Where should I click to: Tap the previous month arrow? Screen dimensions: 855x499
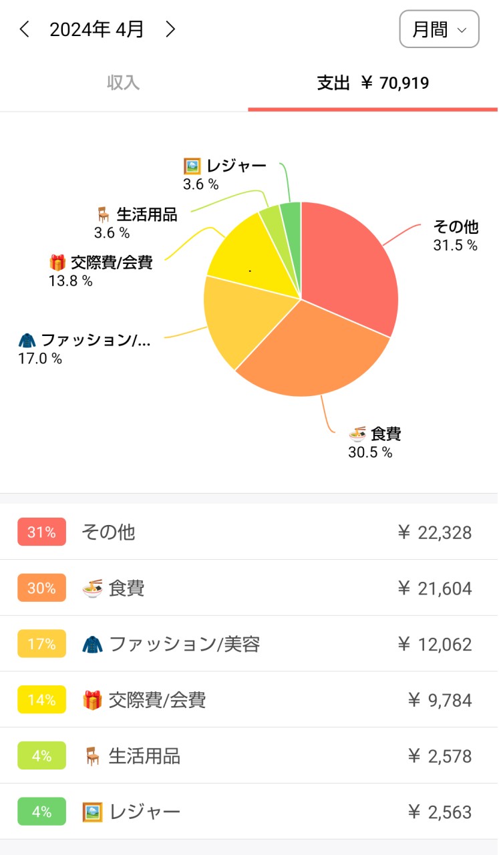coord(25,29)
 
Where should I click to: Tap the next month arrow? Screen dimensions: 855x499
coord(171,29)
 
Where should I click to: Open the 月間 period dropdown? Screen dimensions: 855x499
coord(439,29)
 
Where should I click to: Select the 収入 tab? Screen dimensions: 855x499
coord(124,83)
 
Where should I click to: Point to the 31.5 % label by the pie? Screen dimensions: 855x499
coord(455,246)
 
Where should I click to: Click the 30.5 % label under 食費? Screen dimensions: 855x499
coord(370,453)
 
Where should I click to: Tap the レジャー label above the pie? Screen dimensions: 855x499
coord(236,166)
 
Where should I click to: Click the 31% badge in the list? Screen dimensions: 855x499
coord(41,532)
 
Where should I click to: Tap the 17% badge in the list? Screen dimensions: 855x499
coord(41,645)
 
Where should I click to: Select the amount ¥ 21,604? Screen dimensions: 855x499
coord(434,588)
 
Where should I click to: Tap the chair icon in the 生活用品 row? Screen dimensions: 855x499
coord(92,756)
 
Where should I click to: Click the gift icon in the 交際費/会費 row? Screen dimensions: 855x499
coord(92,701)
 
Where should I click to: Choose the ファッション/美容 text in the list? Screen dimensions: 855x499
coord(184,645)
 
